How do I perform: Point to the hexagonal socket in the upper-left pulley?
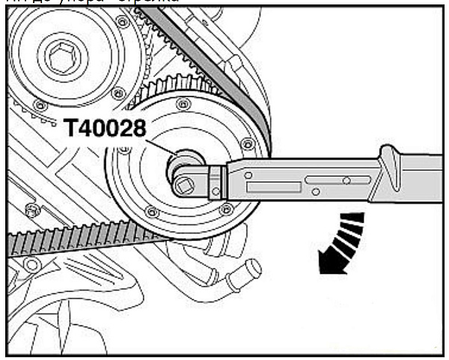(55, 56)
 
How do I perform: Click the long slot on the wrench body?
(337, 179)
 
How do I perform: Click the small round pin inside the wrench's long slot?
(346, 180)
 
